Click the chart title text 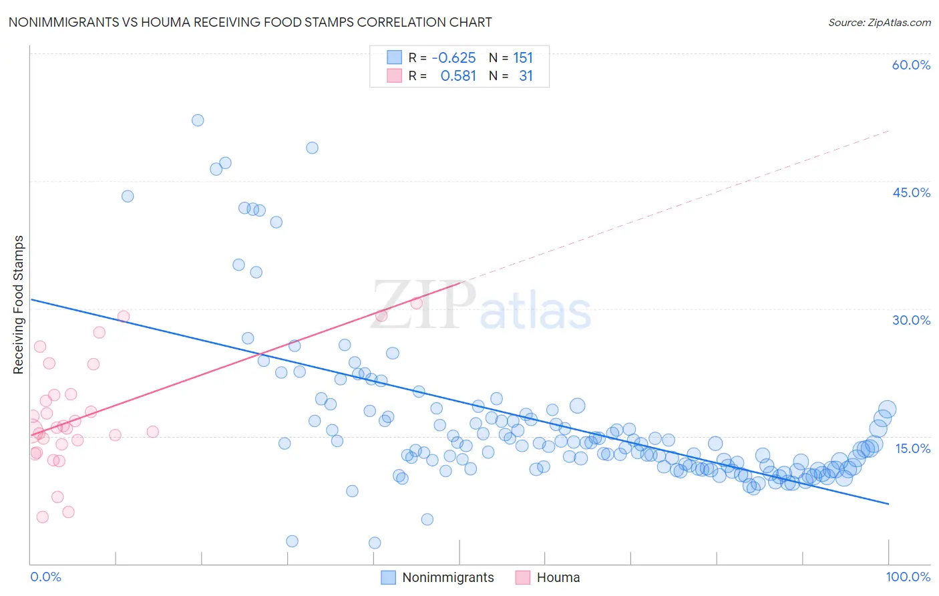[250, 22]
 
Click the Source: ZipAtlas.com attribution [879, 22]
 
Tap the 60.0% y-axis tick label [911, 65]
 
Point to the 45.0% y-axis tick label [911, 192]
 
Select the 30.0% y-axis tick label [911, 320]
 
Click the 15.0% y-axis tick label [912, 448]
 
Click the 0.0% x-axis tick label [45, 577]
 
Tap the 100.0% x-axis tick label [908, 577]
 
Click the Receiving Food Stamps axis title [18, 305]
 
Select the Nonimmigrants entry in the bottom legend [447, 577]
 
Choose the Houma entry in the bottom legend [558, 577]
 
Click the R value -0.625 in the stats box [453, 58]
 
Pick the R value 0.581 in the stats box [458, 76]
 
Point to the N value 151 [523, 58]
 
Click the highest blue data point [198, 120]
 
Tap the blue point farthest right [887, 410]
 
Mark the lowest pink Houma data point [43, 516]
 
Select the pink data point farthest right [417, 303]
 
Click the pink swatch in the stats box [394, 76]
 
